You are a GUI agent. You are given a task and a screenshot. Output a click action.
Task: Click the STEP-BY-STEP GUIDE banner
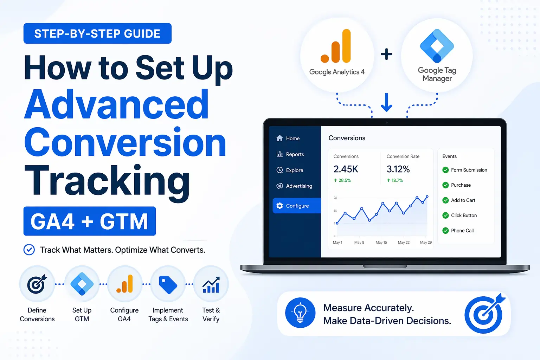point(97,33)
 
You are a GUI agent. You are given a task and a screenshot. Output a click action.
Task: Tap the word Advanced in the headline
point(117,105)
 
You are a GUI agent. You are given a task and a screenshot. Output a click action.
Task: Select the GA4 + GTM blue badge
point(89,221)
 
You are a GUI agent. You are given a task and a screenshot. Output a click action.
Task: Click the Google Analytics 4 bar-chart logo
point(336,46)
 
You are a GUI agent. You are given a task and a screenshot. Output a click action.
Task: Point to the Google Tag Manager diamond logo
point(437,46)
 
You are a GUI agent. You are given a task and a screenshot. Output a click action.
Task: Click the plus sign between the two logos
point(386,54)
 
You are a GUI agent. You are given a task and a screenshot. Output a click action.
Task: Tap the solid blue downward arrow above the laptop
point(386,102)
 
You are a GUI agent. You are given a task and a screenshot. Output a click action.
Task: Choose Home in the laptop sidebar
point(292,139)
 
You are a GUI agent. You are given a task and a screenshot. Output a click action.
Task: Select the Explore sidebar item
point(294,170)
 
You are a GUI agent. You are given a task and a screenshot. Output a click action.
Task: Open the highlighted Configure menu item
point(297,206)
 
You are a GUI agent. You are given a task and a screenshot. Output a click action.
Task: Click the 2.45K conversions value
point(346,169)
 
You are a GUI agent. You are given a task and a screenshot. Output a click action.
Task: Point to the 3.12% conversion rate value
point(398,169)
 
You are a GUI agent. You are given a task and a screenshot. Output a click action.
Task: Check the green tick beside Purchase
point(445,185)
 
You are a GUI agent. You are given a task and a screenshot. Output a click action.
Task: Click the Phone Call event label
point(462,231)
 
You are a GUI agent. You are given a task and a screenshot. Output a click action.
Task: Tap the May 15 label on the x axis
point(381,243)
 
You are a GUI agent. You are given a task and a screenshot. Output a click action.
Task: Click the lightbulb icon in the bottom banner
point(300,313)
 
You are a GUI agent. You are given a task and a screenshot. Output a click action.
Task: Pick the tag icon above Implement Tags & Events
point(168,285)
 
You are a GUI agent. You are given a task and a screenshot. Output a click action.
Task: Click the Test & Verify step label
point(211,315)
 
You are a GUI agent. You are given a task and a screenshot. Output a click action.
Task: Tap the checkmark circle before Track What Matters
point(29,250)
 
